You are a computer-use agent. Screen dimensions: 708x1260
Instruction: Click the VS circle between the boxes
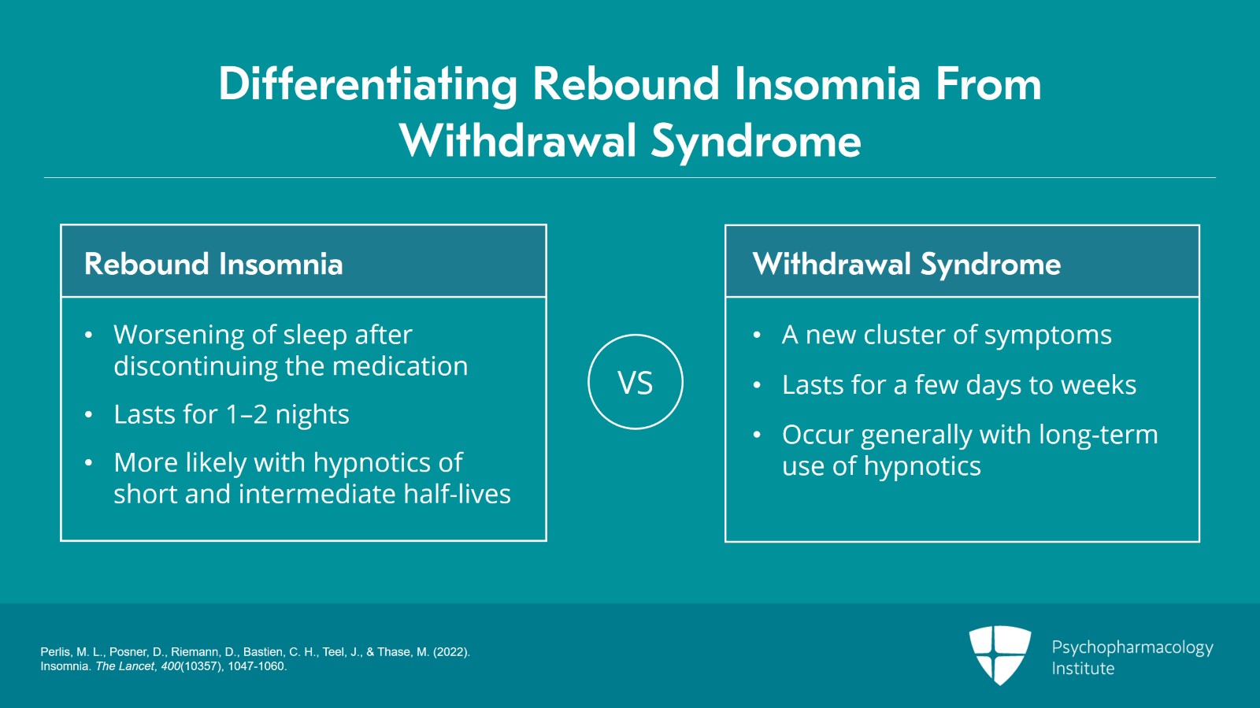[635, 383]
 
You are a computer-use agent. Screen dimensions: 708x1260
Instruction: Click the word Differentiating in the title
[368, 85]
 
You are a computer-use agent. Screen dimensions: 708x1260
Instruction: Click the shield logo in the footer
[999, 654]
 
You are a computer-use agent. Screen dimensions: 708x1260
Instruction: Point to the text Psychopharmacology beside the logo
[1132, 647]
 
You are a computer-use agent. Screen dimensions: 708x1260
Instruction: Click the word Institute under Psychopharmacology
[1083, 669]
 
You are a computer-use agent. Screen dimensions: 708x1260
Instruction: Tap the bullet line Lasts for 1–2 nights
[231, 414]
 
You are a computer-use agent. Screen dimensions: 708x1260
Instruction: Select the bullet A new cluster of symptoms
[946, 335]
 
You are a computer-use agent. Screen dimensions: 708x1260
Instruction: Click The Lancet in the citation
[124, 666]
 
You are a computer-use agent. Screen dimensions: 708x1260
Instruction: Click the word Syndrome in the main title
[756, 142]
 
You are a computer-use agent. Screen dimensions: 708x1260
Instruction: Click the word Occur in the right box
[817, 435]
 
